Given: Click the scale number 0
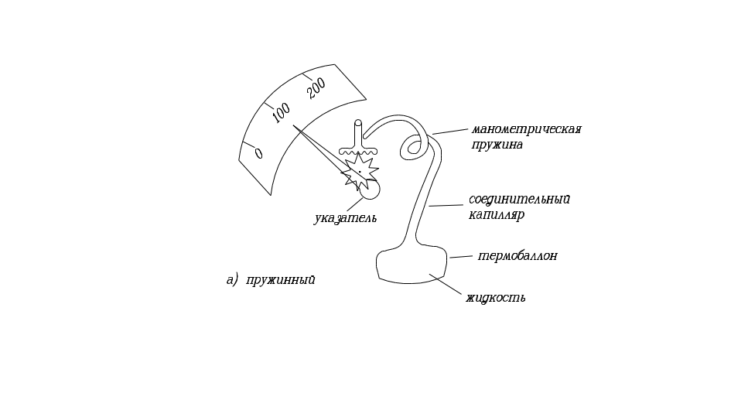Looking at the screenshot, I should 258,153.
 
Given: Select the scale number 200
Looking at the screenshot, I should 317,90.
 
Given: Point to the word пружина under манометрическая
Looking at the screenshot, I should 496,144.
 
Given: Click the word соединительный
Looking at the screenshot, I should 520,200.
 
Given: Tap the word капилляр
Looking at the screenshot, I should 496,215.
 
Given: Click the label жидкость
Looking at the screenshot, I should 496,297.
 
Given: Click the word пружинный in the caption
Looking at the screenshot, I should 281,280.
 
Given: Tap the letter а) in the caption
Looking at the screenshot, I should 233,280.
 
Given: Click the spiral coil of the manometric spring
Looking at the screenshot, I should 412,145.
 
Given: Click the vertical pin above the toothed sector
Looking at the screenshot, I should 357,132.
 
